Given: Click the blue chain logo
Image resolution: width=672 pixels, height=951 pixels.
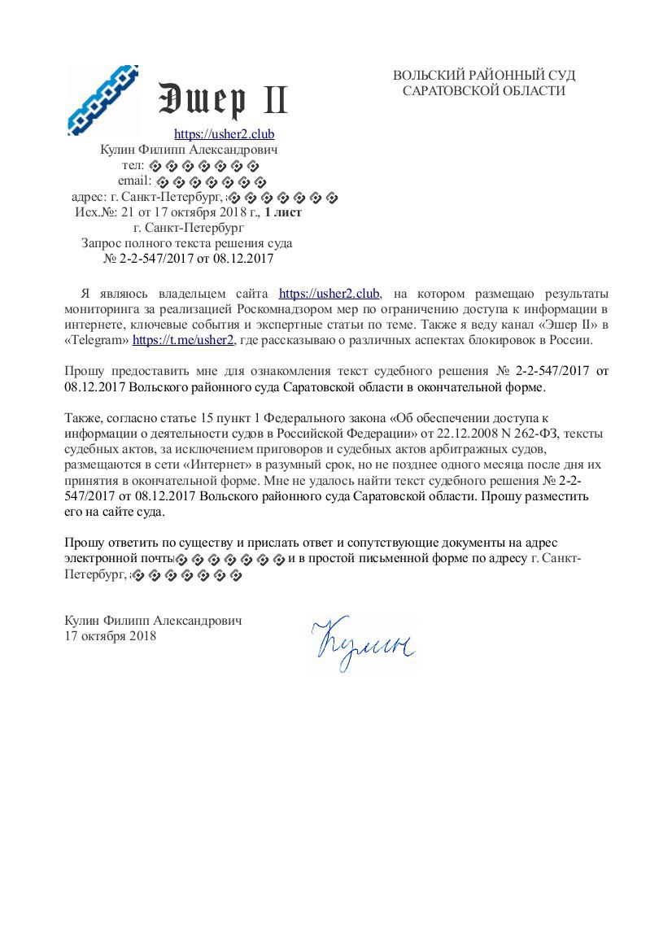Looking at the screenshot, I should (x=103, y=100).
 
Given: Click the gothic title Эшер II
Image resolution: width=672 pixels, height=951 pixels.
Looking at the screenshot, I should (x=222, y=100).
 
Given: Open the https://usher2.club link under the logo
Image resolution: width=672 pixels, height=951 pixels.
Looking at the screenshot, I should (x=225, y=134).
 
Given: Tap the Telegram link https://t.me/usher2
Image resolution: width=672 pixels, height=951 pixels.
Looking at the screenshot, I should (x=183, y=340).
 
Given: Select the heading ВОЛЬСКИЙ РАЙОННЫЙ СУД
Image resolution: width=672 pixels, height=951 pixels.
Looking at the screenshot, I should (x=484, y=76).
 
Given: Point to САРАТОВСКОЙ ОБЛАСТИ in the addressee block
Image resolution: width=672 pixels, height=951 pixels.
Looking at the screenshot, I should (x=484, y=91).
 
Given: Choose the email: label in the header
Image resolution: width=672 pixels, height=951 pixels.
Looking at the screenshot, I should (x=135, y=181).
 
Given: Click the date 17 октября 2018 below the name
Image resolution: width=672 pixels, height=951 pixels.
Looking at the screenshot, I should (x=110, y=636).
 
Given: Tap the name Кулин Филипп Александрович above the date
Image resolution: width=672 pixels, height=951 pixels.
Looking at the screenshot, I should (x=153, y=621).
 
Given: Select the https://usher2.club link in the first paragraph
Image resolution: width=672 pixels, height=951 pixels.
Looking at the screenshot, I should (x=329, y=294).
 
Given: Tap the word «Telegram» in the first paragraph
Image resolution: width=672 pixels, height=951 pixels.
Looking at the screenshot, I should (x=97, y=340).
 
